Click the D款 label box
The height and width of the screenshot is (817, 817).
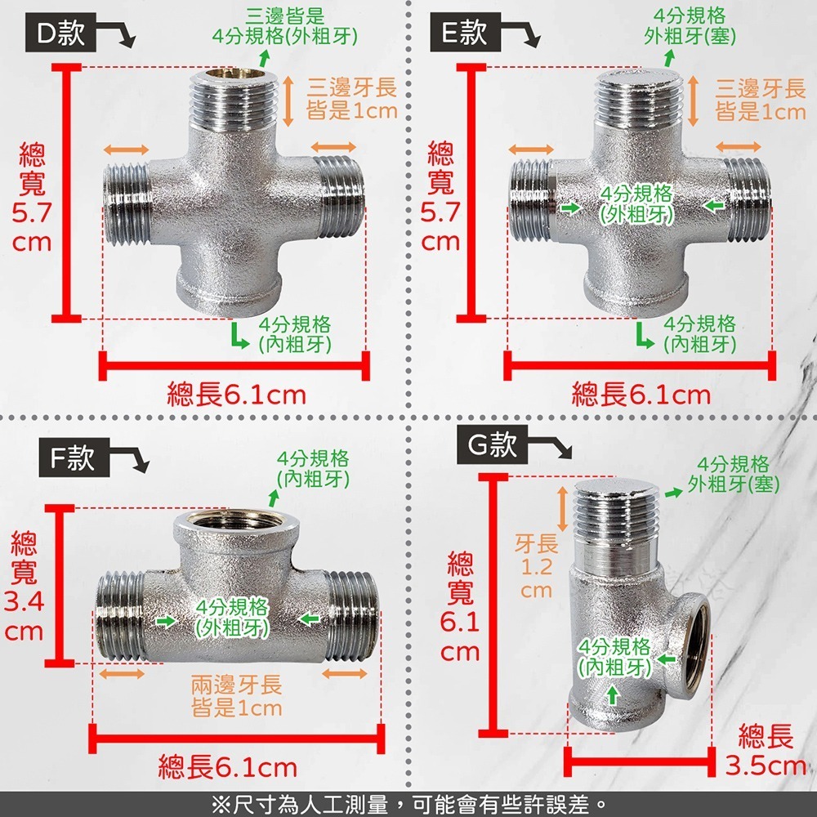point(60,35)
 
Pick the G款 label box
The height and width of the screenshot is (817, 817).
point(493,444)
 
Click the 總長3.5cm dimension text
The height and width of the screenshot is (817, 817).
point(766,751)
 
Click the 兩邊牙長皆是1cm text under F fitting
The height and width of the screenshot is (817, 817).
point(236,696)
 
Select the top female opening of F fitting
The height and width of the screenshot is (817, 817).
point(236,520)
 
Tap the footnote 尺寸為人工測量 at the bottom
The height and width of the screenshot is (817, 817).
point(408,804)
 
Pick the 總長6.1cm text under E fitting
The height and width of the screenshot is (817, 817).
point(641,395)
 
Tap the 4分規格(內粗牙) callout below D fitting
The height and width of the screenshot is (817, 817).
point(294,333)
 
